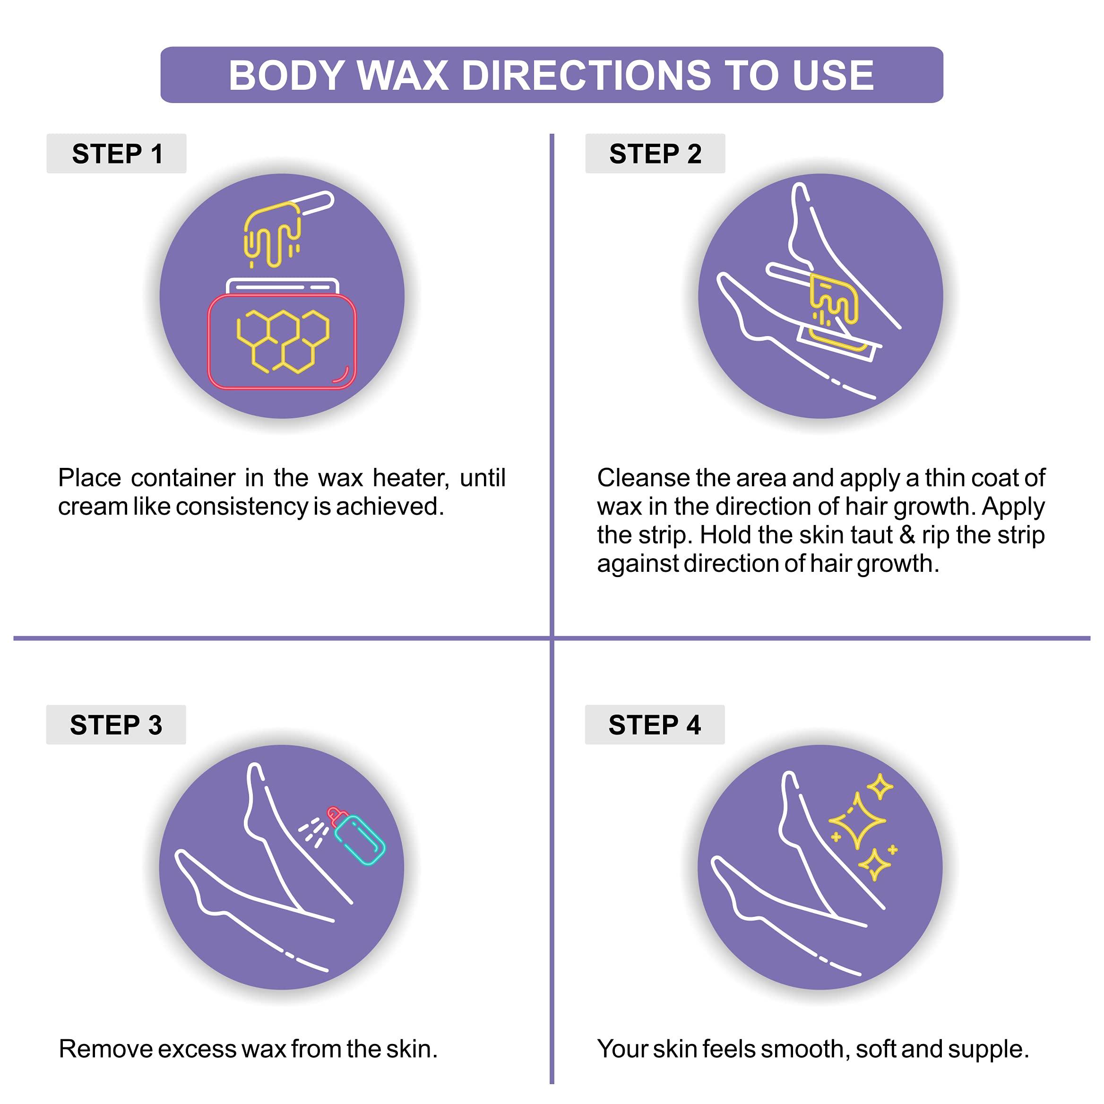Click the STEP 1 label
[x=117, y=154]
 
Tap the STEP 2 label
[x=655, y=154]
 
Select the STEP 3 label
[x=116, y=724]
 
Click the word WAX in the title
[x=402, y=76]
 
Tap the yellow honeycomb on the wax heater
[x=283, y=341]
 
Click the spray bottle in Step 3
[x=358, y=836]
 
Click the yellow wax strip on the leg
[x=834, y=311]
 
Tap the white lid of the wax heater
[x=283, y=286]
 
